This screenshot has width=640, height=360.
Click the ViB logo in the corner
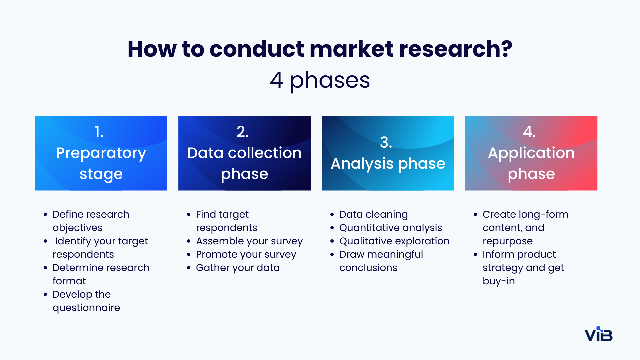[x=599, y=335]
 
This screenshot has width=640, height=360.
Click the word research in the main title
[x=455, y=49]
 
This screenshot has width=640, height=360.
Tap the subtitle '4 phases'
[x=320, y=80]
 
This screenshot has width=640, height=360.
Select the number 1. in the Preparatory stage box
[x=99, y=132]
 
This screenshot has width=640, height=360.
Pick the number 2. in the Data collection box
[x=243, y=132]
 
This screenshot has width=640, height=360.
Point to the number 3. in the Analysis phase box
[x=386, y=142]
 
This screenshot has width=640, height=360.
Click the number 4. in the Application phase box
[x=529, y=132]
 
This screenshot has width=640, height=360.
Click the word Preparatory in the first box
[x=101, y=153]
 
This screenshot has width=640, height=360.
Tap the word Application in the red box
[x=531, y=153]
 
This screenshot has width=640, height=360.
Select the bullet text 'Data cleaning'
[x=373, y=214]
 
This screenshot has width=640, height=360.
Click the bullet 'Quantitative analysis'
[x=390, y=228]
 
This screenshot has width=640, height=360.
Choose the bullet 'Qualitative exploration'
[x=394, y=241]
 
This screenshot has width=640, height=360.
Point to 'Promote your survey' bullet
[x=246, y=254]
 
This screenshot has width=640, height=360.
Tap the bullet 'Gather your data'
[x=238, y=268]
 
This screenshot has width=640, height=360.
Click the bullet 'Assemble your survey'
[x=249, y=241]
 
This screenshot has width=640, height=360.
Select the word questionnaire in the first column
[x=86, y=308]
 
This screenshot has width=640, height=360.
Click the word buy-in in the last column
[x=499, y=281]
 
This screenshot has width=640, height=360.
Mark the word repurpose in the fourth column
[x=507, y=241]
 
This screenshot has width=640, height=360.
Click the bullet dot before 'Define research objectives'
[x=45, y=215]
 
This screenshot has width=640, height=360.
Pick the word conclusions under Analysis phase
[x=368, y=268]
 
